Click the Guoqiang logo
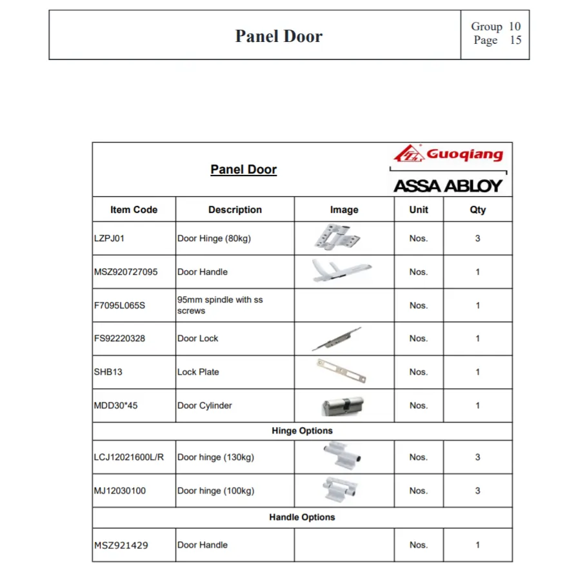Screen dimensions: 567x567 coord(448,155)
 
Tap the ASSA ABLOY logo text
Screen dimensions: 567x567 coord(448,186)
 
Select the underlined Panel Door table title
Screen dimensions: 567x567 coord(243,170)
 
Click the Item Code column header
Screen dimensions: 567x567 coord(134,210)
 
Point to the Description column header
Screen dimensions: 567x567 coord(235,210)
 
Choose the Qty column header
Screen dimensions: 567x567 coord(477,210)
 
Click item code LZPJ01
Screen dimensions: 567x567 coord(110,238)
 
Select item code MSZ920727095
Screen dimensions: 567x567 coord(126,272)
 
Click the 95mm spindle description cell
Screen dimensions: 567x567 coord(220,305)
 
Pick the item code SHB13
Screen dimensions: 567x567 coord(108,372)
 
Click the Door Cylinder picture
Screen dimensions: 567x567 coord(343,406)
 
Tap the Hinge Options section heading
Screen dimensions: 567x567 coord(302,431)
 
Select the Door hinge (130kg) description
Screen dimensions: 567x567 coord(215,457)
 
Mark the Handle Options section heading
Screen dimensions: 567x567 coord(302,517)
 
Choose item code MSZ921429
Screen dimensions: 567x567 coord(121,545)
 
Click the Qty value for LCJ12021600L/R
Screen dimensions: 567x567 coord(477,457)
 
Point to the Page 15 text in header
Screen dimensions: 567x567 coord(497,41)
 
